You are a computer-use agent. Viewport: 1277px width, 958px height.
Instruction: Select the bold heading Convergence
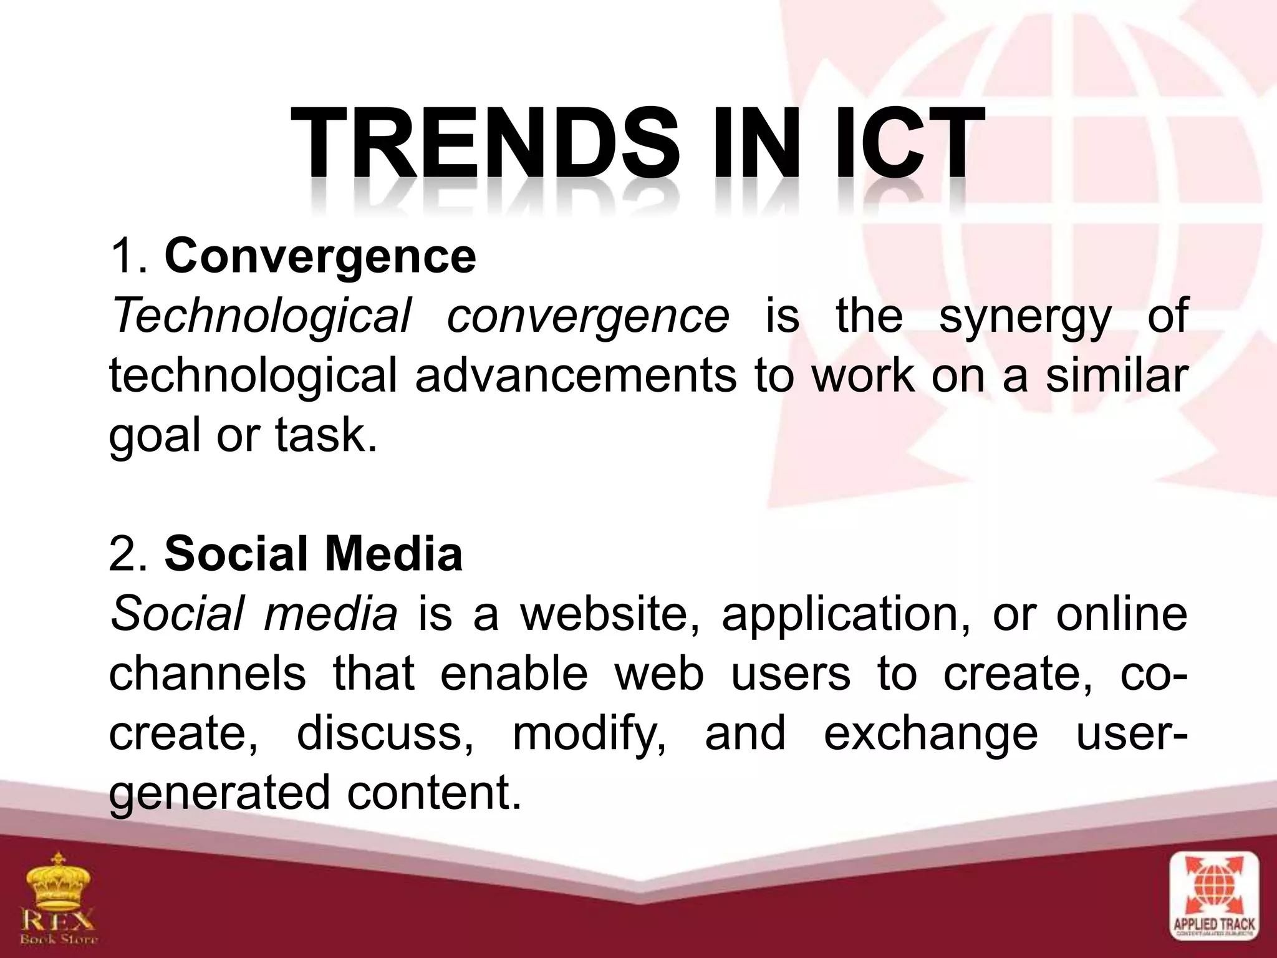pyautogui.click(x=320, y=256)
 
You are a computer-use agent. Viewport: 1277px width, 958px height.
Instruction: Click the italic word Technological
pyautogui.click(x=260, y=316)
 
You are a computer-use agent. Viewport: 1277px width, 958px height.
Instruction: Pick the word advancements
pyautogui.click(x=575, y=376)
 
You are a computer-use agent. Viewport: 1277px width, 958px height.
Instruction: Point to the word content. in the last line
pyautogui.click(x=433, y=793)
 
